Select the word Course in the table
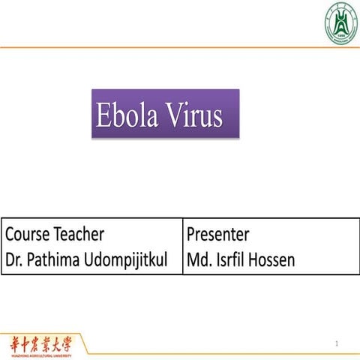tap(27, 235)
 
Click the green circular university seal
tap(341, 22)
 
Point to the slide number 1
tap(338, 345)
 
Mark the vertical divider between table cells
tap(182, 247)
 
